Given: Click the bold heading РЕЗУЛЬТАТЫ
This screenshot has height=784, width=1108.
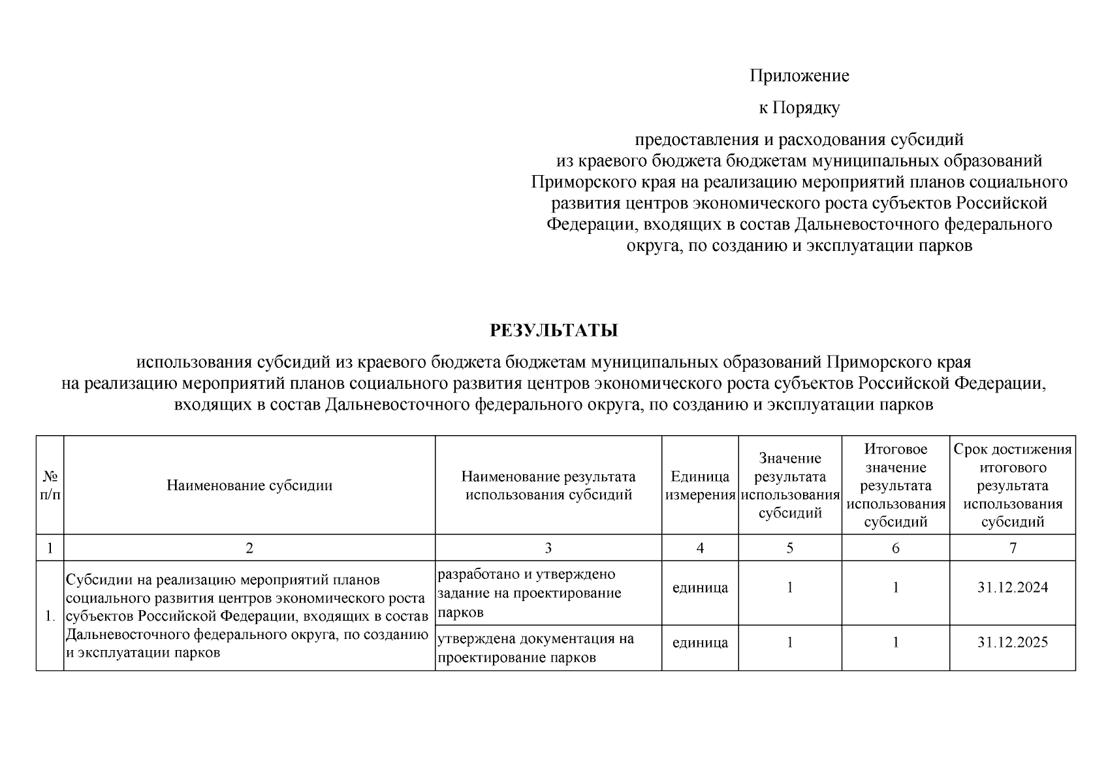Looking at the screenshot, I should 554,331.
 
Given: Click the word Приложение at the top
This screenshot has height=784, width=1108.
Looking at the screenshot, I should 799,76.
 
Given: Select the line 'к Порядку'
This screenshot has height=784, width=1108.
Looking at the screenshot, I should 799,108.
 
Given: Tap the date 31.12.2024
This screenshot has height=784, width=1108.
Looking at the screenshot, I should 1012,587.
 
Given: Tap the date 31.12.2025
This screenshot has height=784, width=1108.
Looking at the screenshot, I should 1012,642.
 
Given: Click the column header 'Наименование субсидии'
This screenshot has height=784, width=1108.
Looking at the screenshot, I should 249,485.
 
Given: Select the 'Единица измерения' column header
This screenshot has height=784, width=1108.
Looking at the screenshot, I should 700,485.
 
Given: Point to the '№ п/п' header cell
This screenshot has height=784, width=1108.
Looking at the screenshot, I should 50,485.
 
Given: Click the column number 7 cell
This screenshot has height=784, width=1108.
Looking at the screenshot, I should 1012,548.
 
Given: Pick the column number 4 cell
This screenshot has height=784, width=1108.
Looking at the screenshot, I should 700,548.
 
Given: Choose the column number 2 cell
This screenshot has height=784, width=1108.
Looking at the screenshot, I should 249,548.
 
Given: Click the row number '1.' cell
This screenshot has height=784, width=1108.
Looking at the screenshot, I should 50,615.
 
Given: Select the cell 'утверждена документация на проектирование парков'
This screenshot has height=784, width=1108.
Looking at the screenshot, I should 535,647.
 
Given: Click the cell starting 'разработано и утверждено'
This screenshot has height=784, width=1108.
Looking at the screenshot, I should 529,593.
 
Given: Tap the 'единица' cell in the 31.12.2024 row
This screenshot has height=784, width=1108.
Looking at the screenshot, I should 700,587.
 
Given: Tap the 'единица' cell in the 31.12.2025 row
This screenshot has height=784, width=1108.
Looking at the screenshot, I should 700,642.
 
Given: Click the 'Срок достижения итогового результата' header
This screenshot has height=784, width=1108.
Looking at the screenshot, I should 1012,485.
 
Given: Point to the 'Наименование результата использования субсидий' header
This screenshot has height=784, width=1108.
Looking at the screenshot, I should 548,485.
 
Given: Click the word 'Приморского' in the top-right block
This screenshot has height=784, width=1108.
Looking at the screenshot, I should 574,182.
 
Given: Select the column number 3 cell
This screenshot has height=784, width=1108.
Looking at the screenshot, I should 548,548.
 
